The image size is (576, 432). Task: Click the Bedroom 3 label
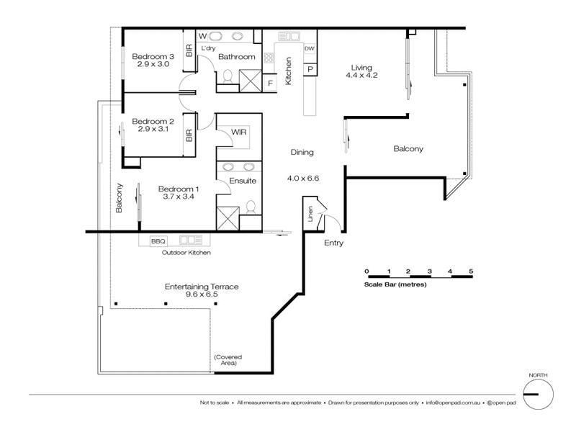(152, 56)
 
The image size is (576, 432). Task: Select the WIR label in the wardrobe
(238, 132)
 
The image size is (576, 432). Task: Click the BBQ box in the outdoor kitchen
(158, 240)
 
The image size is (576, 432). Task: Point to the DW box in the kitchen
(310, 48)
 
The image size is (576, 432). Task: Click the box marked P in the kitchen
(310, 68)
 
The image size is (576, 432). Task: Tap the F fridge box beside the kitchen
(270, 83)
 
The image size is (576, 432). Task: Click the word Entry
(333, 243)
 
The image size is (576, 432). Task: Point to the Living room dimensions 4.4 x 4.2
(361, 74)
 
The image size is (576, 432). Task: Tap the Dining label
(302, 153)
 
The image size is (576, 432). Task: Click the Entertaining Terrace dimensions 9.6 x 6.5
(202, 295)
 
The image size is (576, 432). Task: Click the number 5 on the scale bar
(471, 271)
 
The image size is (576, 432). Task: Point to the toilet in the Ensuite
(250, 207)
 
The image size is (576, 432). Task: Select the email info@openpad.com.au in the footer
(451, 402)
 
